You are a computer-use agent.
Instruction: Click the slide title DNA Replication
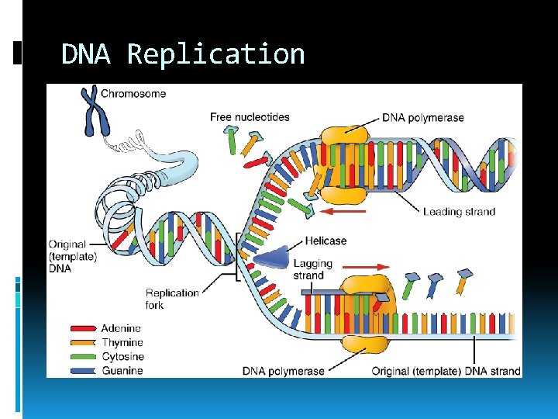pyautogui.click(x=183, y=54)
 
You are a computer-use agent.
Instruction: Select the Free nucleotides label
pyautogui.click(x=250, y=117)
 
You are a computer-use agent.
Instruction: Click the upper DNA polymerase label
pyautogui.click(x=423, y=118)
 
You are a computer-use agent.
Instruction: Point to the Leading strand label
pyautogui.click(x=459, y=212)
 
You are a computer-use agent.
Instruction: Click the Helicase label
pyautogui.click(x=325, y=241)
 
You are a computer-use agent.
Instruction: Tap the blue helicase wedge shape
pyautogui.click(x=270, y=258)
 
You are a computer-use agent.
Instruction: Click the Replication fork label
pyautogui.click(x=172, y=299)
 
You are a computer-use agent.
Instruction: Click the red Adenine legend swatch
pyautogui.click(x=84, y=329)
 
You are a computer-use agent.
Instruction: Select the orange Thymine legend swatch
pyautogui.click(x=84, y=343)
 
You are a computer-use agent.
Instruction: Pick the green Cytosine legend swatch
pyautogui.click(x=84, y=357)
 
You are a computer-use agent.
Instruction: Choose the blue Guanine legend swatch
pyautogui.click(x=84, y=371)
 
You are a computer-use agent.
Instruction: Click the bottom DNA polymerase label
pyautogui.click(x=284, y=371)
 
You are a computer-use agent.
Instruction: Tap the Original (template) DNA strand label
pyautogui.click(x=446, y=371)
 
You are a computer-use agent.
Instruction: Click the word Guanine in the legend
pyautogui.click(x=122, y=371)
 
